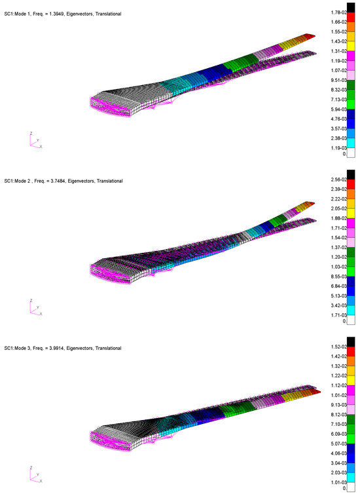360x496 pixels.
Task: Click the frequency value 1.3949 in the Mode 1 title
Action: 57,14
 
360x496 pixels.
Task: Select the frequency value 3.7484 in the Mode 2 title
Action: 58,181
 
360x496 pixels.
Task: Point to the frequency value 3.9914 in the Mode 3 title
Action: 57,348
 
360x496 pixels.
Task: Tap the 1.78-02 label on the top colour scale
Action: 338,12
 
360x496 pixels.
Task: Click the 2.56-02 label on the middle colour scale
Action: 338,180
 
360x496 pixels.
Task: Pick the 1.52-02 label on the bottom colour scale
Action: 338,347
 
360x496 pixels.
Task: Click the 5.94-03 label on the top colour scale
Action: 338,109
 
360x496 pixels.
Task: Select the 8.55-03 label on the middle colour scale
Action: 338,277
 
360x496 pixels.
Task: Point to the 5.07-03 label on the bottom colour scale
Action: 338,444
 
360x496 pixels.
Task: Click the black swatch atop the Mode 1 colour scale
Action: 351,8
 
